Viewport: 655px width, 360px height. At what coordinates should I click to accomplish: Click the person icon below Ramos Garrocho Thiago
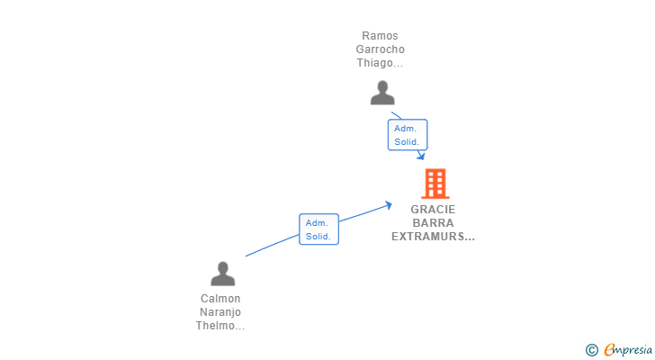(382, 93)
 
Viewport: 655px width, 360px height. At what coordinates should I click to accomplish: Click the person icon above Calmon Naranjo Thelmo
(222, 274)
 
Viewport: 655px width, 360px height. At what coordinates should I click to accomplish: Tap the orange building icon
(435, 184)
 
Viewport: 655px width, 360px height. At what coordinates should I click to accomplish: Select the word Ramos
(380, 36)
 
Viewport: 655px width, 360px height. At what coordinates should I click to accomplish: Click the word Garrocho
(380, 49)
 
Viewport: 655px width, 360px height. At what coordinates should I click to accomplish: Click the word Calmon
(220, 299)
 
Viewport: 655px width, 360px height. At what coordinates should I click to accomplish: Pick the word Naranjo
(220, 312)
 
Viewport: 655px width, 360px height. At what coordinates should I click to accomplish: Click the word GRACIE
(433, 209)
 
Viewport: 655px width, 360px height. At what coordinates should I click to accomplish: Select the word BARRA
(433, 222)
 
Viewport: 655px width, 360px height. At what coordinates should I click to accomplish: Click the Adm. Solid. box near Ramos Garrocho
(408, 135)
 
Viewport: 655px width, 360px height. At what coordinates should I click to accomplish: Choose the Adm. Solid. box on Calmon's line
(319, 229)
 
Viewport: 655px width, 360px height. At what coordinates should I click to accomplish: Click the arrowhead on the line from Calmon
(389, 205)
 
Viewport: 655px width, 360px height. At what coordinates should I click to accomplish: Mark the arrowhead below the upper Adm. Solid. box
(421, 156)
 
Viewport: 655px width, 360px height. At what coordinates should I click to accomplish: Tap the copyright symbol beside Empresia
(591, 350)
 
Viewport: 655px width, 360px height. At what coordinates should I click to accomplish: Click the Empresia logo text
(628, 350)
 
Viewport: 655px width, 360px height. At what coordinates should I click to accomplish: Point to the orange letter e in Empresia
(609, 349)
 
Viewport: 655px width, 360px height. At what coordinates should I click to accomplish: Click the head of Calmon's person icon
(223, 267)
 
